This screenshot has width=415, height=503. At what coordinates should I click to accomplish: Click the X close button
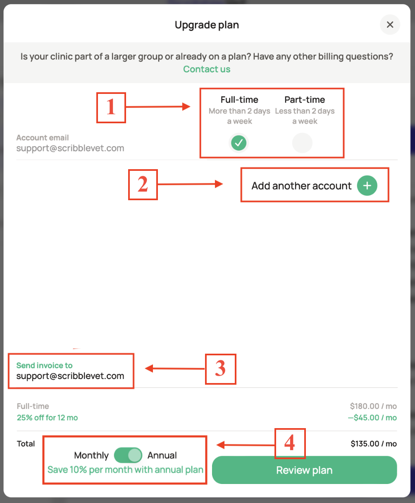pyautogui.click(x=390, y=25)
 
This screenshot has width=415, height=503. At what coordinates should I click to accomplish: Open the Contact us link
pyautogui.click(x=207, y=69)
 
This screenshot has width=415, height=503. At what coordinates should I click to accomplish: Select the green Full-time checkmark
pyautogui.click(x=239, y=143)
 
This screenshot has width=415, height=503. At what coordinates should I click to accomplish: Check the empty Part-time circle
pyautogui.click(x=302, y=143)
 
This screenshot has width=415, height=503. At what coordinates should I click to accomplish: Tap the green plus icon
pyautogui.click(x=367, y=185)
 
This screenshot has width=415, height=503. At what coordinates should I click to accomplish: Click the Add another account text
pyautogui.click(x=301, y=186)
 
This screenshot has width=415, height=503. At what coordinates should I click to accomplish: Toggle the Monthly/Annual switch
pyautogui.click(x=128, y=455)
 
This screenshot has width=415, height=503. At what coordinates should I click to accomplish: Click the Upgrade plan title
pyautogui.click(x=207, y=25)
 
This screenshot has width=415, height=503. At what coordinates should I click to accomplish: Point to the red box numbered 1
pyautogui.click(x=111, y=107)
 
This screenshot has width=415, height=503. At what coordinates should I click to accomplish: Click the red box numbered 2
pyautogui.click(x=143, y=184)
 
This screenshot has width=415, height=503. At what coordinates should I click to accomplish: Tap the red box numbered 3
pyautogui.click(x=220, y=369)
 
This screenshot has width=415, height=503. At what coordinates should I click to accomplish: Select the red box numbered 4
pyautogui.click(x=290, y=443)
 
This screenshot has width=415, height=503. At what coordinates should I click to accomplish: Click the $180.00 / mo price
pyautogui.click(x=373, y=406)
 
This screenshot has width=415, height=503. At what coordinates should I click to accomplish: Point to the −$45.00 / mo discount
pyautogui.click(x=372, y=418)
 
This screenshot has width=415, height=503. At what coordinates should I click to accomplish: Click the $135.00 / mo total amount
pyautogui.click(x=373, y=444)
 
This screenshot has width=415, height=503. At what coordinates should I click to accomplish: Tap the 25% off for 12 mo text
pyautogui.click(x=47, y=418)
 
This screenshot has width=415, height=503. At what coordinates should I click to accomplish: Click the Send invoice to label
pyautogui.click(x=44, y=365)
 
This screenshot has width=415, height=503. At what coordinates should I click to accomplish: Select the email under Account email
pyautogui.click(x=70, y=148)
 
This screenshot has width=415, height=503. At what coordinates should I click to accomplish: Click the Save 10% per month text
pyautogui.click(x=125, y=470)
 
